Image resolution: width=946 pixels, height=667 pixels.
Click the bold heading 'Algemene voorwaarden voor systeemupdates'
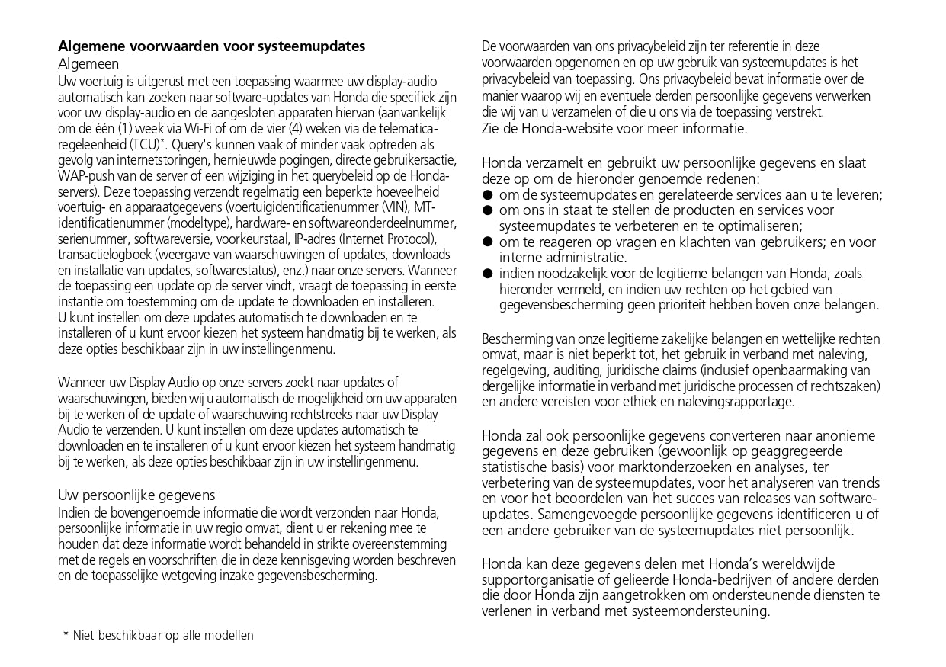[212, 46]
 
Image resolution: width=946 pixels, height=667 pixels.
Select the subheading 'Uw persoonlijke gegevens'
[136, 495]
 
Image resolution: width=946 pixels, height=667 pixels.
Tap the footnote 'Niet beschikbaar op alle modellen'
[163, 635]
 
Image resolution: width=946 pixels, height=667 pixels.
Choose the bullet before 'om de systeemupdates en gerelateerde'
[487, 195]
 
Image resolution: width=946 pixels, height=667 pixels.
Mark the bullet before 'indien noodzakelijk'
[487, 274]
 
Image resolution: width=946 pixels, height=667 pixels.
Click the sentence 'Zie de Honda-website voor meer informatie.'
[614, 128]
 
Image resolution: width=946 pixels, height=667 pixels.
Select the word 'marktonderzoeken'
[659, 467]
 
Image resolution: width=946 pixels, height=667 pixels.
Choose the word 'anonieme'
[845, 436]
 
